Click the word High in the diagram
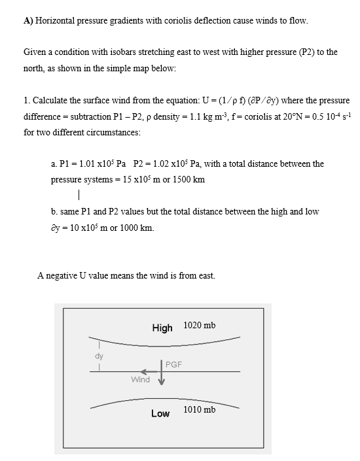pos(162,328)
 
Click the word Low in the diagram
pos(160,413)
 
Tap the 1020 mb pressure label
pos(200,325)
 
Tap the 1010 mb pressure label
pos(200,409)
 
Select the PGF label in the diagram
pos(173,364)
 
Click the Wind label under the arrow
pos(140,379)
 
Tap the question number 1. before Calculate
pos(27,101)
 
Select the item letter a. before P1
pos(54,163)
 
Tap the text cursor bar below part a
pos(79,195)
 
